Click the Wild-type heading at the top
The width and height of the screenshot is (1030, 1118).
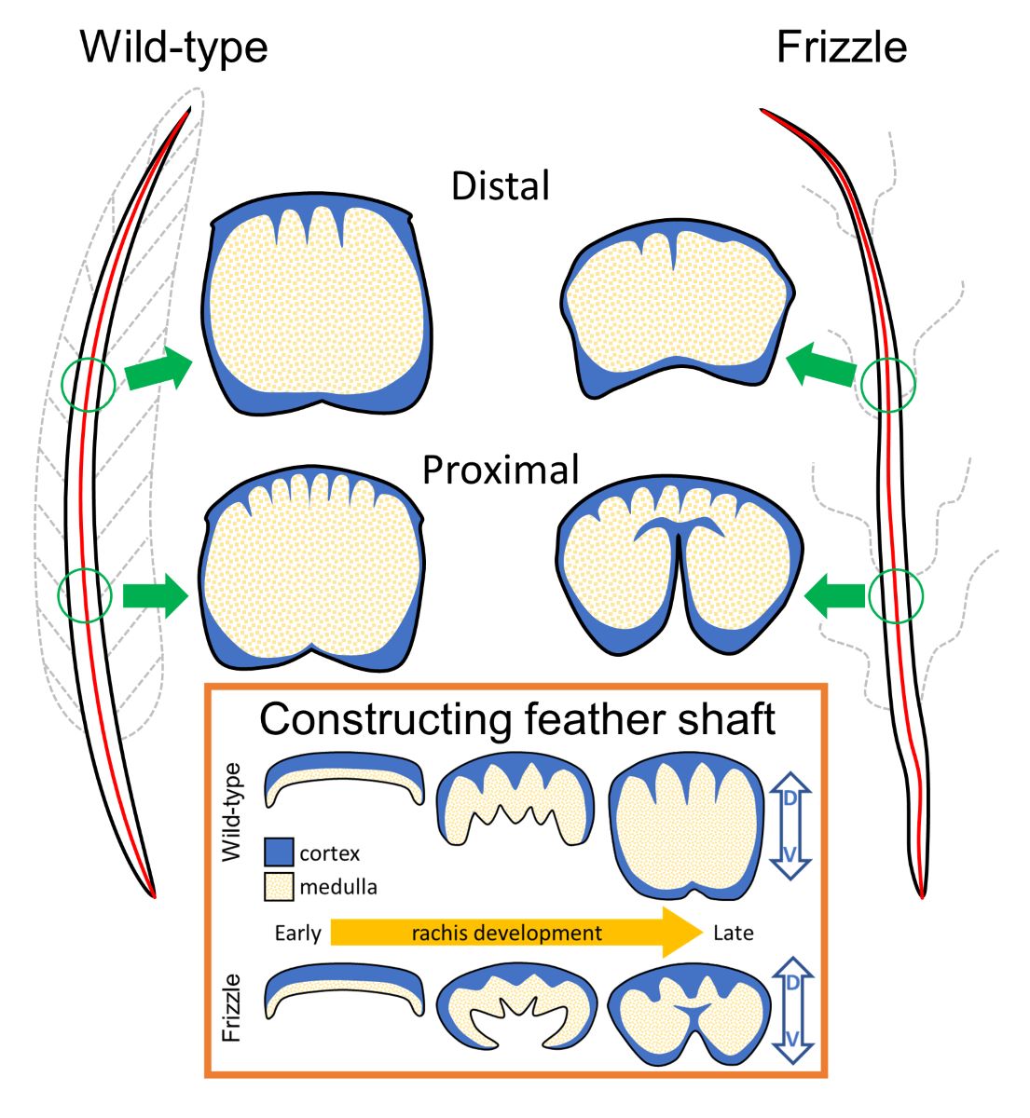click(x=174, y=47)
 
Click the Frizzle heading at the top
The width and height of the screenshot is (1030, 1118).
click(x=841, y=47)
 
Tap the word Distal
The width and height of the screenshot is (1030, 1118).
click(x=501, y=186)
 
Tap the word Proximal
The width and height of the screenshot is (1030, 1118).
click(x=501, y=470)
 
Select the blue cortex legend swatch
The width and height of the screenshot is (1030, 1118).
click(x=280, y=852)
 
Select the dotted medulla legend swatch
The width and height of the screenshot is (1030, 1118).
click(x=280, y=886)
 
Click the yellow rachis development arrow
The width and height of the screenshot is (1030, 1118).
click(x=513, y=932)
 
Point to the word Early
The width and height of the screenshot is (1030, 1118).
click(x=298, y=933)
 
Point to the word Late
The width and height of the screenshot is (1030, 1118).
click(x=733, y=933)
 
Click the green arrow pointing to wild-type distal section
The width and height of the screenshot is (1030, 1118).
click(x=158, y=370)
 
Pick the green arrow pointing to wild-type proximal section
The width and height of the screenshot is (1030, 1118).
click(x=156, y=594)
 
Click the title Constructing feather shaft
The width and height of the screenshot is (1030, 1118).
click(x=516, y=720)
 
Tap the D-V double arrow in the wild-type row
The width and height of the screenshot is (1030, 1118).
click(x=790, y=828)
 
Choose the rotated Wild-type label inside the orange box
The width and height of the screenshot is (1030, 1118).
click(x=233, y=811)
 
